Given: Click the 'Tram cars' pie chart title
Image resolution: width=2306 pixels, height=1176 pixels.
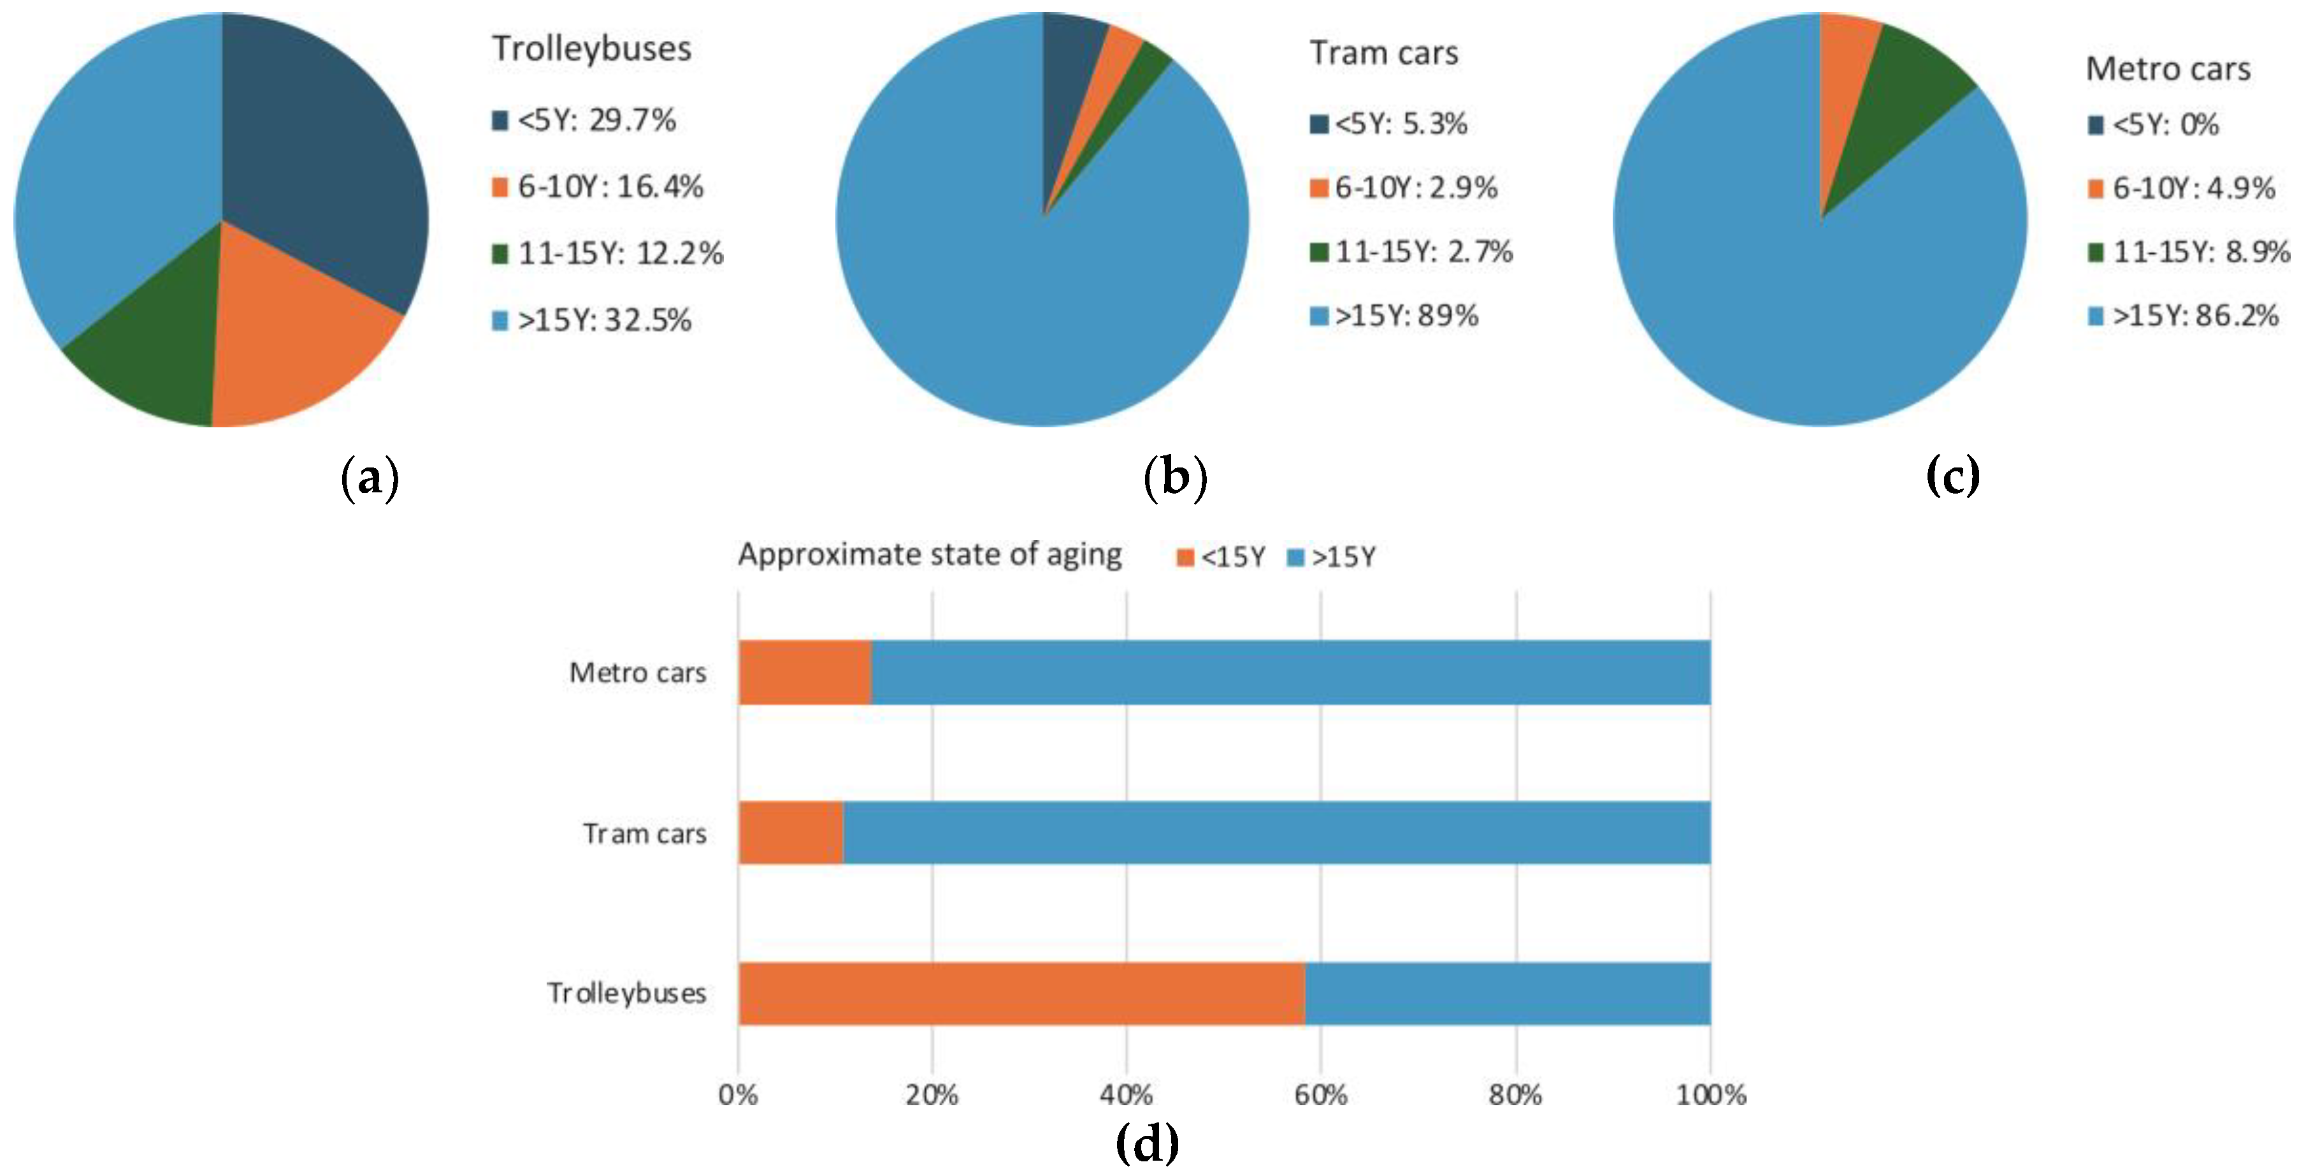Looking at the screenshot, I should (x=1384, y=54).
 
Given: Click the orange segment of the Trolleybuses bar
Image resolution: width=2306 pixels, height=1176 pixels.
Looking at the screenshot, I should (x=1021, y=993).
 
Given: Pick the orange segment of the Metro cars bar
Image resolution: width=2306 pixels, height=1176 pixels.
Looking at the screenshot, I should (x=804, y=673).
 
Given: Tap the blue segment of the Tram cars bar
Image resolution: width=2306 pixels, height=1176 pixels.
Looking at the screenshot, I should (x=1276, y=833).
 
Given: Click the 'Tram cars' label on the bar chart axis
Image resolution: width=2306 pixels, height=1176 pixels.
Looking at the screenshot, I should (x=645, y=834).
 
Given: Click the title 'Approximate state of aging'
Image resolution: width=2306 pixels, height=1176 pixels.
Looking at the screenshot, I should (x=929, y=554).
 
